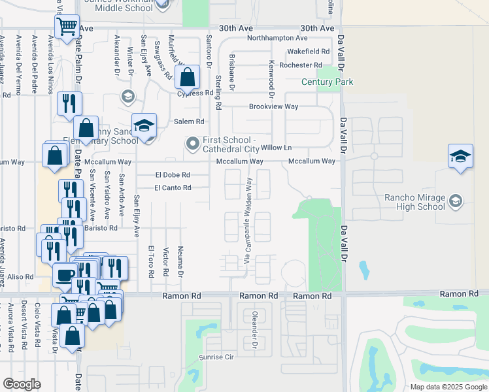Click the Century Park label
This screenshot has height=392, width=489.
(x=327, y=82)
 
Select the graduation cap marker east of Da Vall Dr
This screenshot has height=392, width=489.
(x=460, y=157)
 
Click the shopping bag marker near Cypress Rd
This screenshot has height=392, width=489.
(x=187, y=78)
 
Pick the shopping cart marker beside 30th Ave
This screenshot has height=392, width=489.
(x=67, y=27)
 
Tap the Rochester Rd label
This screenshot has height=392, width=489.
(x=300, y=65)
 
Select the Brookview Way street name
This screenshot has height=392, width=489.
(x=273, y=106)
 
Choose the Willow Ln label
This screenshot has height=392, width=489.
(x=276, y=148)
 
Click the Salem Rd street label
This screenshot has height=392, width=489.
(x=189, y=122)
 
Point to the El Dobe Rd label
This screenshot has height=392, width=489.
(x=173, y=175)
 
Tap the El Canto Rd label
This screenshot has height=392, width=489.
(x=173, y=188)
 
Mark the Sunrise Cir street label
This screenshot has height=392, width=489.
(x=216, y=357)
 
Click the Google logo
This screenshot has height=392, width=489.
(x=22, y=385)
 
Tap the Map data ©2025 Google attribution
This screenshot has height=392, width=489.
(x=448, y=387)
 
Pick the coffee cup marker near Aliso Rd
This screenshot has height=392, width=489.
(x=65, y=275)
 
